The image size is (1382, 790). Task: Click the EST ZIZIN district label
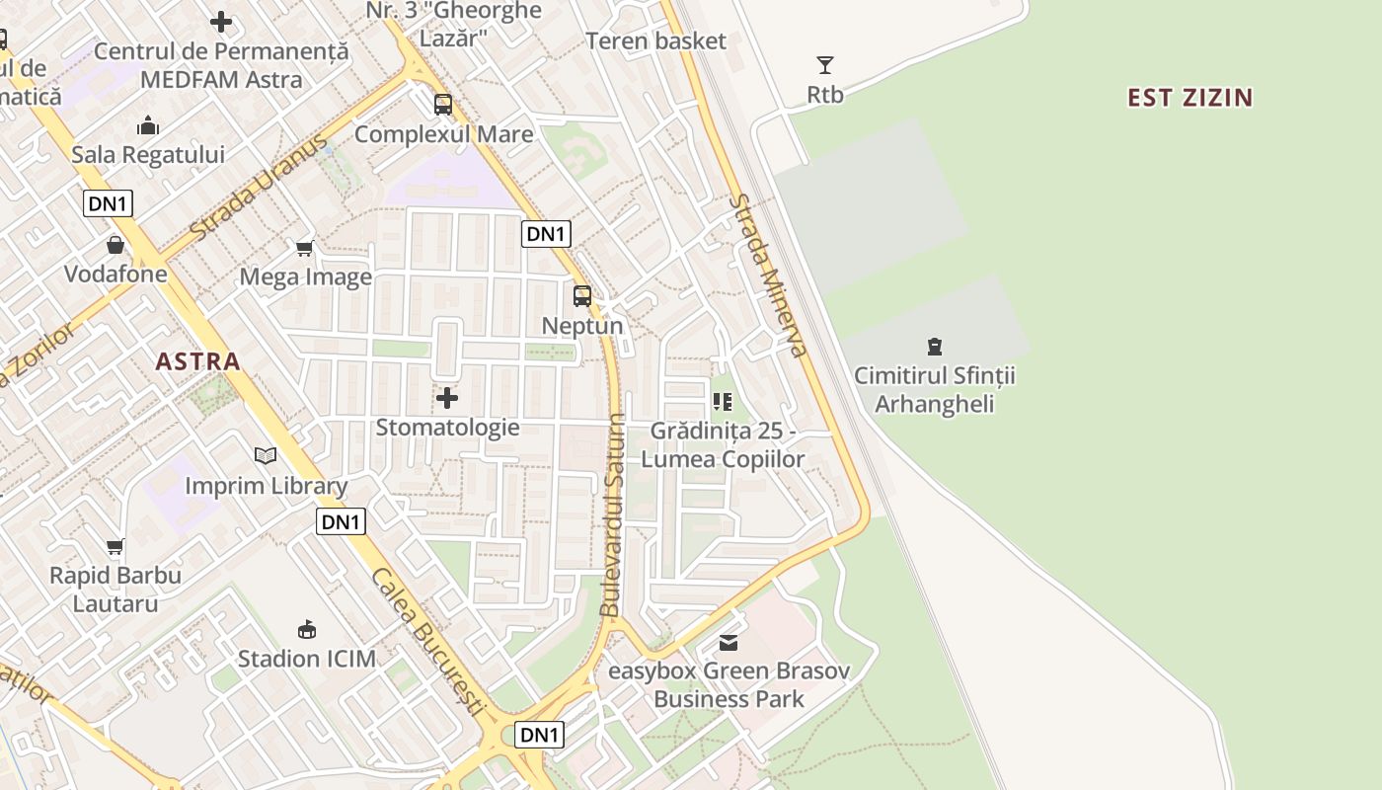coord(1190,97)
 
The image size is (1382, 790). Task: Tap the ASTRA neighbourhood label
coord(197,361)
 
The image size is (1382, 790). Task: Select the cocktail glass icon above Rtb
coord(825,65)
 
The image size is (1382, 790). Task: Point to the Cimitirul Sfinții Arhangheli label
coord(934,390)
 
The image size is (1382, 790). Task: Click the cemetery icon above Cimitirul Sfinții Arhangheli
coord(934,346)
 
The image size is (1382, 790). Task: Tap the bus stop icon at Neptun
coord(582,295)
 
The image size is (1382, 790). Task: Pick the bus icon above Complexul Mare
coord(443,104)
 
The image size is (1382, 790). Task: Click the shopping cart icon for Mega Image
coord(305,247)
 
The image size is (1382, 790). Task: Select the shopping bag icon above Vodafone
coord(115,245)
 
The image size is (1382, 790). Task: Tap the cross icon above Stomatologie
coord(447,398)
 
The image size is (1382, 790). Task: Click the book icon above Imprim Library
coord(266,455)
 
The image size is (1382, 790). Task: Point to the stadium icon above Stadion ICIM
coord(307,629)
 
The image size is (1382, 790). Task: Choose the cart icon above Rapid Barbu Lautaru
coord(115,546)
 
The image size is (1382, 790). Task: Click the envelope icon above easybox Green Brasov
coord(729,643)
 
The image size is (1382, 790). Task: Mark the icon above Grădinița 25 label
coord(722,402)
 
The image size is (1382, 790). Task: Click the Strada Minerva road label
coord(768,275)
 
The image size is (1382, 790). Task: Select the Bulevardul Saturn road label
coord(614,514)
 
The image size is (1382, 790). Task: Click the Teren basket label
coord(655,40)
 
